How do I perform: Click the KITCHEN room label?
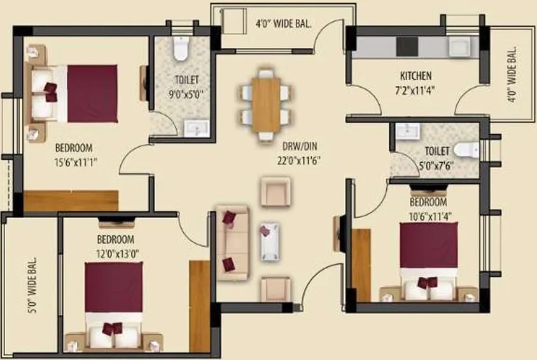coord(416,75)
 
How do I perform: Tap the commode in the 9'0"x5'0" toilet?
coord(181,48)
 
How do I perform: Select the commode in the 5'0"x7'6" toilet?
coord(467,150)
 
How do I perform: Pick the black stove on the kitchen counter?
coord(406,46)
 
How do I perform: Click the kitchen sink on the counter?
coord(459,46)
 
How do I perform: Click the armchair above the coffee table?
coord(275,191)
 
